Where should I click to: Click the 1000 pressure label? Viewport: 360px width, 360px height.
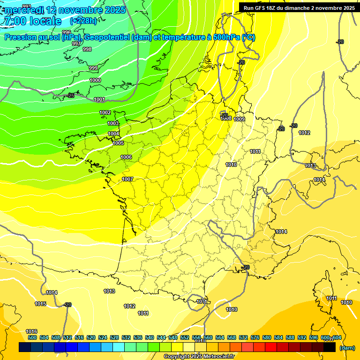(95, 80)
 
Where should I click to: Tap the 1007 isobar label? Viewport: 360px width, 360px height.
(127, 179)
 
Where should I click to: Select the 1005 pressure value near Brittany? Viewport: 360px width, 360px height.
(118, 143)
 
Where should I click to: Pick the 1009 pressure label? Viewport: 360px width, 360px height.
(239, 119)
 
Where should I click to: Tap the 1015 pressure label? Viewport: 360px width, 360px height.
(40, 304)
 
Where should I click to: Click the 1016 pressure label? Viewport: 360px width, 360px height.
(31, 331)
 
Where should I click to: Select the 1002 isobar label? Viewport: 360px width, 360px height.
(105, 112)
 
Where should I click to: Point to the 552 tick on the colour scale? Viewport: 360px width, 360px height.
(185, 337)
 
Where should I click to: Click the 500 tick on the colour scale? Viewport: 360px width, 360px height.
(32, 337)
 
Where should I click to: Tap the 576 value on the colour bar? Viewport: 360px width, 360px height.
(255, 337)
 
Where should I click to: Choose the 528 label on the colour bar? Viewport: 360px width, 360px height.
(114, 337)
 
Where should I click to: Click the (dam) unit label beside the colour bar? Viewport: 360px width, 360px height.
(347, 348)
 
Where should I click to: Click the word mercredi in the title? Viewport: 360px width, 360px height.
(24, 10)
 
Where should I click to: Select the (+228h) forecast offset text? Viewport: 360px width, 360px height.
(83, 21)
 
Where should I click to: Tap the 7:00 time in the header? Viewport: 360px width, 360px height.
(13, 21)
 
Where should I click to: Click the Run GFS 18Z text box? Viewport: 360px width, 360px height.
(299, 7)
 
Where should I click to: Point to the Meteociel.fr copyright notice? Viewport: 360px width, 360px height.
(199, 356)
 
